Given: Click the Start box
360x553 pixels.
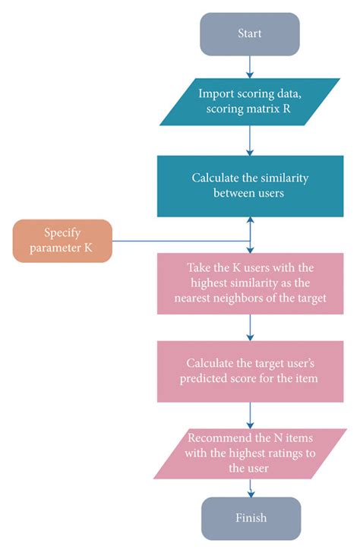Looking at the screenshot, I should [251, 34].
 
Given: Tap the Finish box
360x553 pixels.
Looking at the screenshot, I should [251, 519].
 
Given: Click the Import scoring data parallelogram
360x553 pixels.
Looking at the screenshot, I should [251, 103].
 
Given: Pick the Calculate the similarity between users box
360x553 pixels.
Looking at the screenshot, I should [251, 187].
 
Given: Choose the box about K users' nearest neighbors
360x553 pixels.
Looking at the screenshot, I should [251, 283].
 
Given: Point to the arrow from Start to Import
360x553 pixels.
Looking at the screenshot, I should [251, 66].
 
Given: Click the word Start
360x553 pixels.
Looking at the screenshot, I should [251, 34].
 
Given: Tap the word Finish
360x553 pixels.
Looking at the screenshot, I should [251, 519].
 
